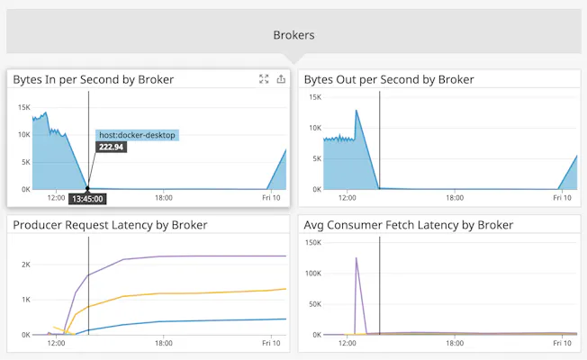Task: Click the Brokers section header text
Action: click(x=293, y=35)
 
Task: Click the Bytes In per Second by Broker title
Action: click(x=93, y=79)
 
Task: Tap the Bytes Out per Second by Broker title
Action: click(x=389, y=79)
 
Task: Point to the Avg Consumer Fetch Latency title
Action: click(x=409, y=224)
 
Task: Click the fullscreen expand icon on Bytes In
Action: click(x=264, y=79)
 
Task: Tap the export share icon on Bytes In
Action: click(x=281, y=79)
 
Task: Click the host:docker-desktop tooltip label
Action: click(x=138, y=135)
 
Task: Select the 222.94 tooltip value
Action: click(x=112, y=147)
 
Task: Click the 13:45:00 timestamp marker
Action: click(x=87, y=199)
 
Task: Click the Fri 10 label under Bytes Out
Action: click(x=562, y=196)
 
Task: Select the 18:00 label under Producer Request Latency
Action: click(x=163, y=342)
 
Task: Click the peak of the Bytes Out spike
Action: click(x=357, y=111)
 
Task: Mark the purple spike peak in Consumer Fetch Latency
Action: click(x=357, y=258)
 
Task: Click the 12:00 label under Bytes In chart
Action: click(x=56, y=197)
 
